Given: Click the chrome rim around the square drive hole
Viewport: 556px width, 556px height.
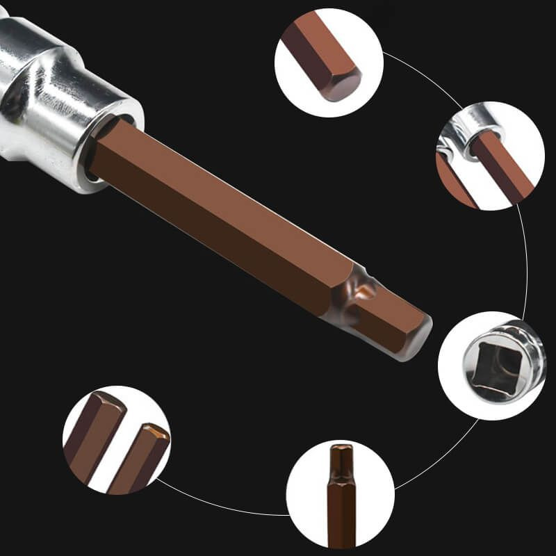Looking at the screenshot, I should coord(518,347).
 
